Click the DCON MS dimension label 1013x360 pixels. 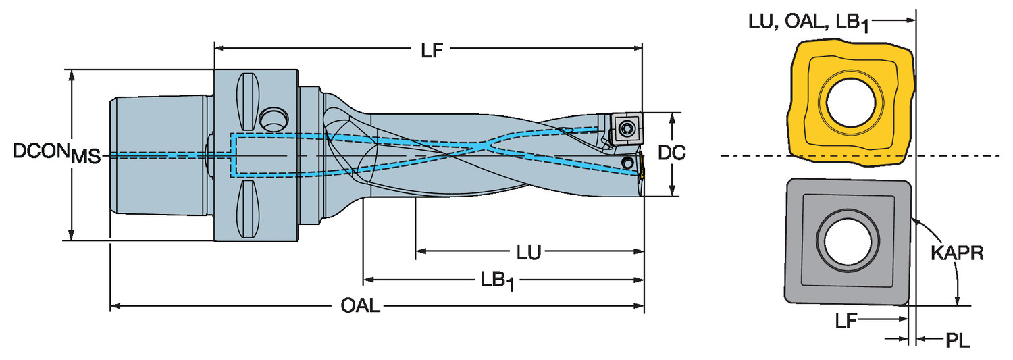(x=57, y=155)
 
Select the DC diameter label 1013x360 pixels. (x=672, y=154)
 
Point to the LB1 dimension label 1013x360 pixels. (x=498, y=280)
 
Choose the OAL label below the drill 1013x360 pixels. (x=360, y=307)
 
